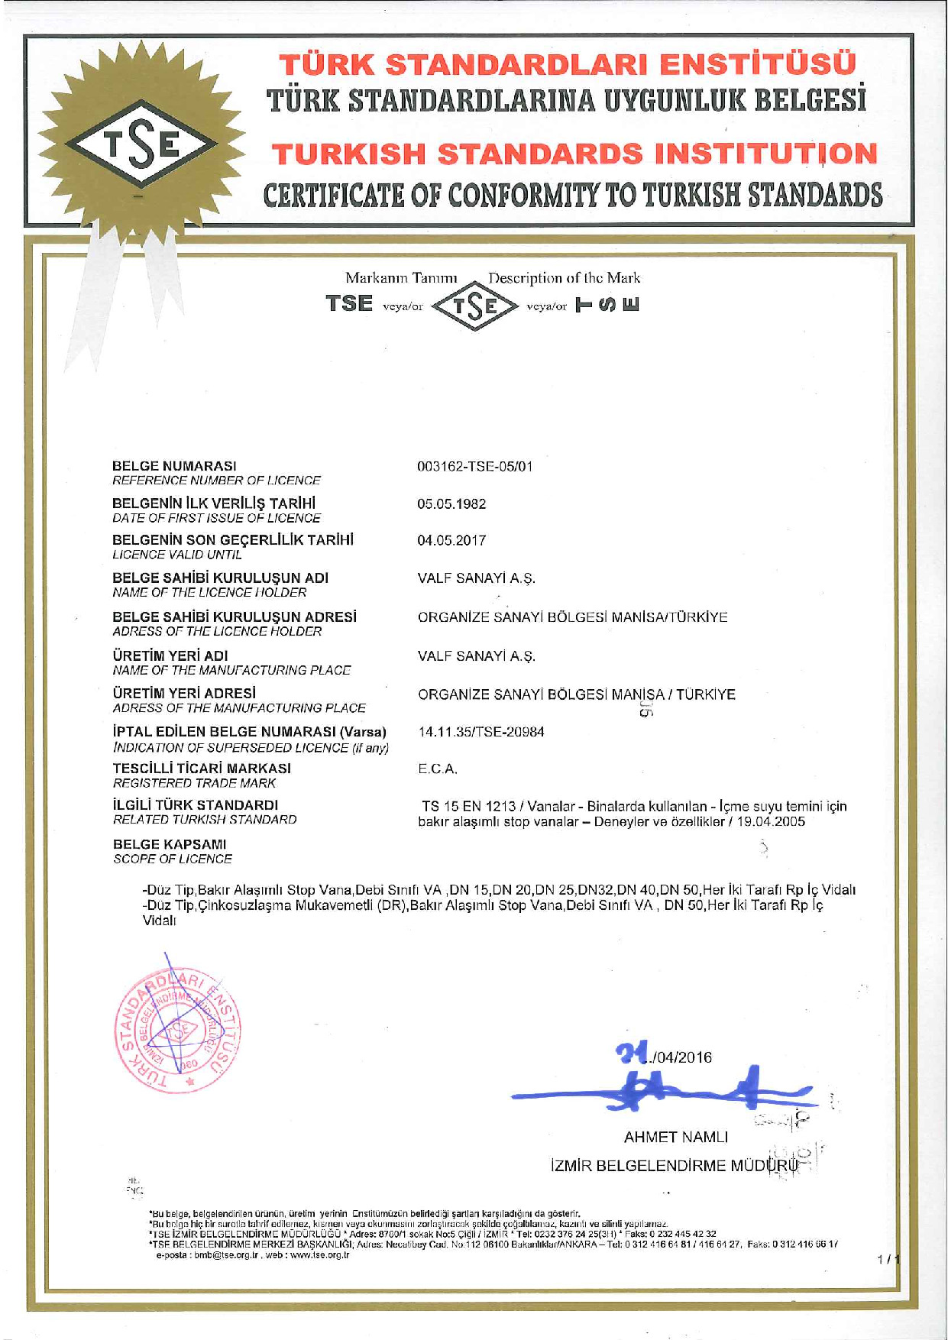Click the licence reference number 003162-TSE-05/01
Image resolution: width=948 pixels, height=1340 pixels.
[474, 466]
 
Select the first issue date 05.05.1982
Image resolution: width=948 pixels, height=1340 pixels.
[451, 504]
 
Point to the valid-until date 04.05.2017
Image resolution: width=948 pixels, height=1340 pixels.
[451, 541]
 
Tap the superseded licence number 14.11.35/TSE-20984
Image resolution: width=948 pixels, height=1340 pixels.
[481, 732]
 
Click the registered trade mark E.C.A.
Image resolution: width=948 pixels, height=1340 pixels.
[438, 769]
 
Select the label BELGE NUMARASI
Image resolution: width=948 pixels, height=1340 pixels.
[174, 466]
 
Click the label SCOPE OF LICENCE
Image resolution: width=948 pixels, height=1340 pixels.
[173, 859]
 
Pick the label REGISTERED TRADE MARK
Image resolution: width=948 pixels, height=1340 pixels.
[194, 783]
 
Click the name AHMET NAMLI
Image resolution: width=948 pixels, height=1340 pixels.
[676, 1137]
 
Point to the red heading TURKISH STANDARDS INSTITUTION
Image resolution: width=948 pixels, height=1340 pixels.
[574, 154]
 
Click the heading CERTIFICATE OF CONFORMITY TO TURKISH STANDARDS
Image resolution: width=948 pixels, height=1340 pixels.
[573, 196]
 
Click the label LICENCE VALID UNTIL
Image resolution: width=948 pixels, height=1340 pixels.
[176, 555]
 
